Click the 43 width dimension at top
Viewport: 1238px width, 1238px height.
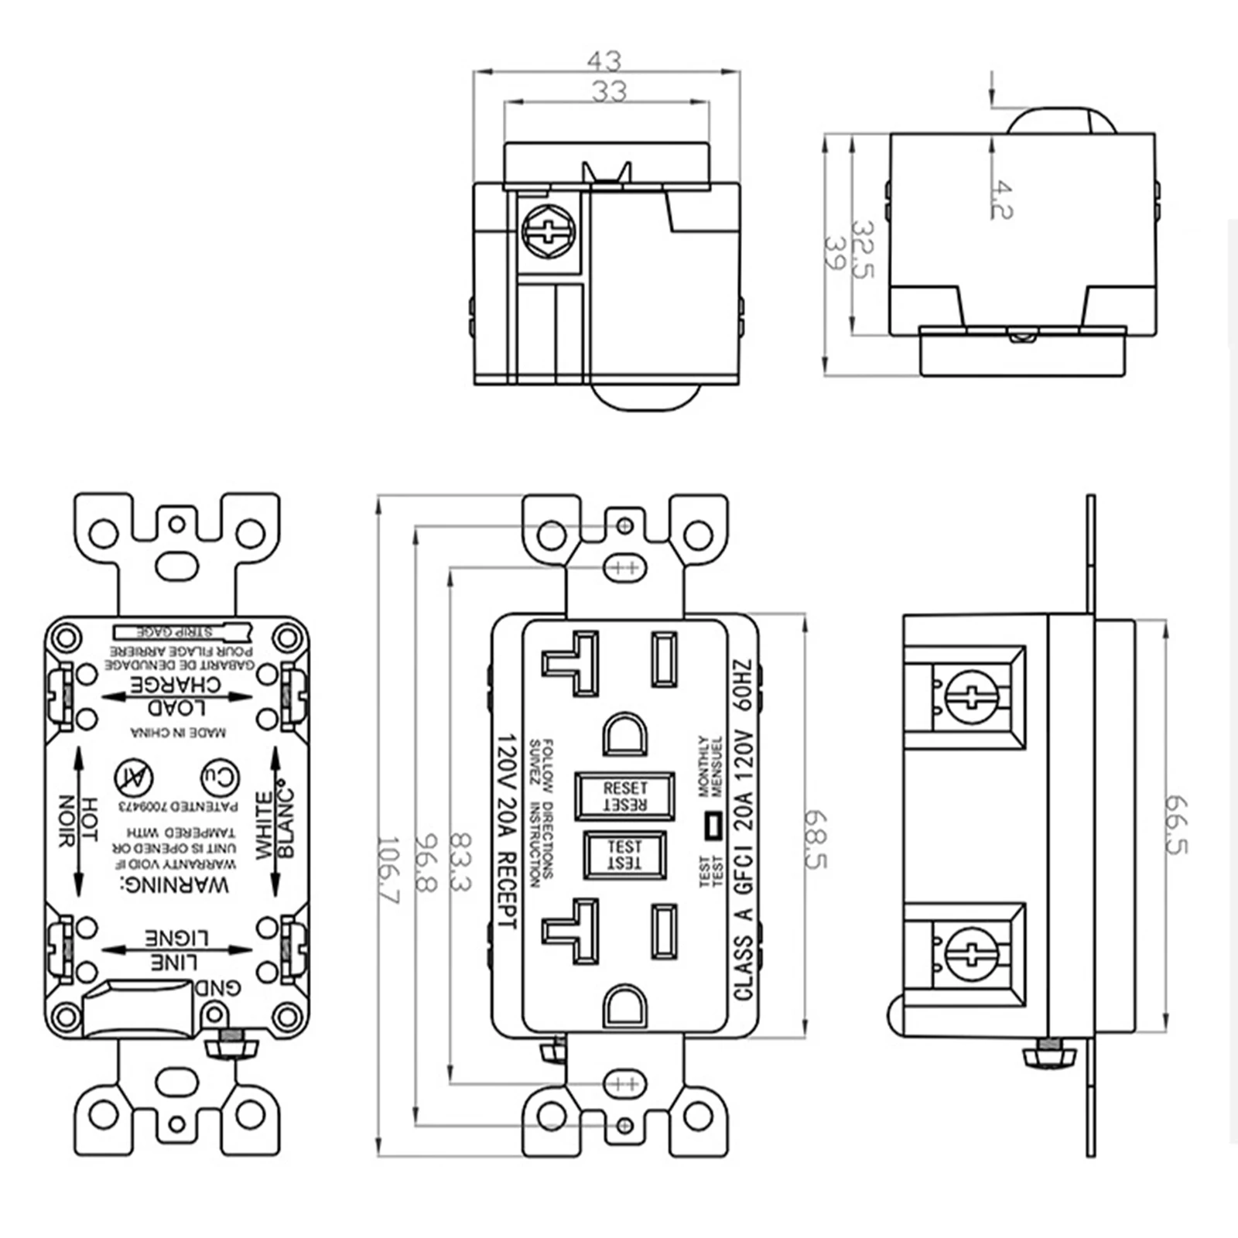coord(604,60)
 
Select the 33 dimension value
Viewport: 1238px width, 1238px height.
coord(609,91)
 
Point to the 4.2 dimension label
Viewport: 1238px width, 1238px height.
coord(1001,200)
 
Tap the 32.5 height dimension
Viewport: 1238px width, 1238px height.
coord(862,250)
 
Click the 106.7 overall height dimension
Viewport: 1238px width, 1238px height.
coord(388,870)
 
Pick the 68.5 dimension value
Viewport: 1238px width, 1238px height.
coord(816,839)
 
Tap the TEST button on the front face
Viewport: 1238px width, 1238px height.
coord(624,855)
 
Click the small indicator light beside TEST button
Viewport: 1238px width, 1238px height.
coord(710,826)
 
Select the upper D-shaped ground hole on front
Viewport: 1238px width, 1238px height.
coord(625,734)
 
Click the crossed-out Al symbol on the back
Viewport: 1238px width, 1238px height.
coord(134,778)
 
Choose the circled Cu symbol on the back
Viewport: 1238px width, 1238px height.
coord(221,778)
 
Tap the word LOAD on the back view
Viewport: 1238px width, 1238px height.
coord(177,706)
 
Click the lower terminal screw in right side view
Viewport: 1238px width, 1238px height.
coord(972,954)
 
